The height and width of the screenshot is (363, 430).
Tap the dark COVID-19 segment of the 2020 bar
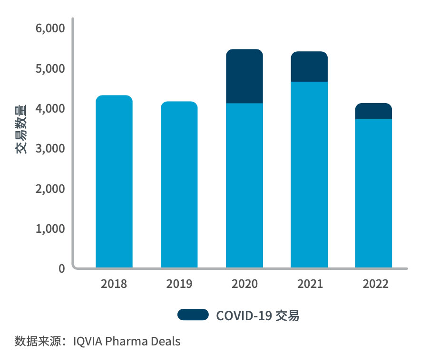244,76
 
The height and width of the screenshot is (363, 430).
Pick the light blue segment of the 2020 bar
244,185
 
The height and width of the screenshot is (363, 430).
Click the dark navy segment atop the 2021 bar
309,67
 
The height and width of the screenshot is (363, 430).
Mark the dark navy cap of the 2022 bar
374,111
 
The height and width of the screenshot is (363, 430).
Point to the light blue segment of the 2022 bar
374,193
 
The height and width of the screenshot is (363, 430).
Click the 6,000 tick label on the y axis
50,29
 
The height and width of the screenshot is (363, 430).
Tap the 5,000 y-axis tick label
50,68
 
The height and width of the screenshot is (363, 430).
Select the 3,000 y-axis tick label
50,149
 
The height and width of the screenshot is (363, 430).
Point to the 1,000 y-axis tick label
50,229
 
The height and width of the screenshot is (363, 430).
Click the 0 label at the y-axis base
61,268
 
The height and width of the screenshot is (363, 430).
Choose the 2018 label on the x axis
114,284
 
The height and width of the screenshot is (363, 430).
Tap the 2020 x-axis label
244,284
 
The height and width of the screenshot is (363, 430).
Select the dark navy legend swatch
193,315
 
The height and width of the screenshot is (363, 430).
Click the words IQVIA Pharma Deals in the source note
127,341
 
